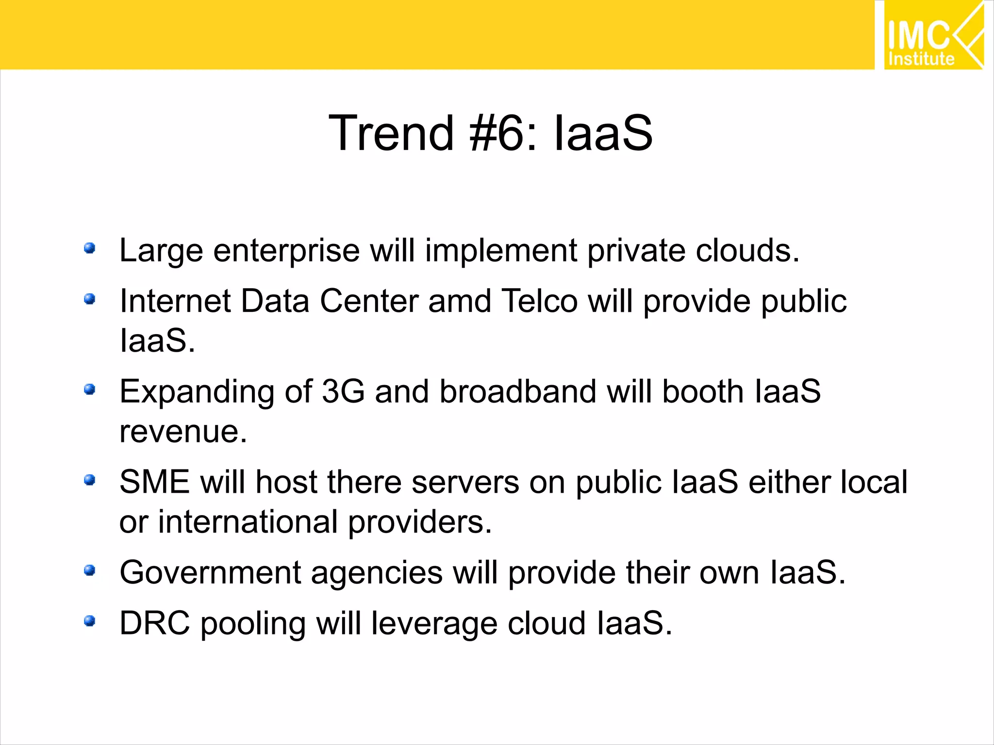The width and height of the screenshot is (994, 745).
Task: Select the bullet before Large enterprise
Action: coord(89,249)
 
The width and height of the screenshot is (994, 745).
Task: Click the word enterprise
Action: coord(286,251)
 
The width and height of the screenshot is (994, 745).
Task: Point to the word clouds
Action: coord(747,251)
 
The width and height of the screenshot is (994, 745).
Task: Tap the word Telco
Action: coord(539,301)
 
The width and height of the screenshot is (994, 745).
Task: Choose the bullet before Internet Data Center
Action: coord(89,299)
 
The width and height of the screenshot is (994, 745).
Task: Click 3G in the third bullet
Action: coord(343,391)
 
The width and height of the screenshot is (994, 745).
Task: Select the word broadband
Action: coord(517,391)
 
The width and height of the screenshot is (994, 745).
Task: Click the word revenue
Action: coord(183,431)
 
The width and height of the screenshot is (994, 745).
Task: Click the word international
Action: coord(248,522)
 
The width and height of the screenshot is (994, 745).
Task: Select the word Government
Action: coord(210,573)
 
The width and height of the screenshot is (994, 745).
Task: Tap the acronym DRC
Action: coord(155,623)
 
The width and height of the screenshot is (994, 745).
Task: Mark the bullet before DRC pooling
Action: coord(89,621)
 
